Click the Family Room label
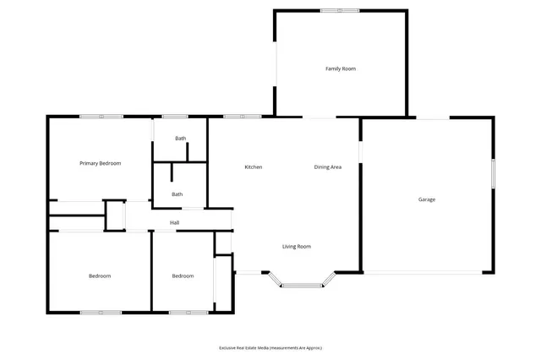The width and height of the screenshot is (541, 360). coord(341,68)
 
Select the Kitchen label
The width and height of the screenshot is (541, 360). coord(254,167)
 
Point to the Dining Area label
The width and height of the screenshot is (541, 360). coord(328,167)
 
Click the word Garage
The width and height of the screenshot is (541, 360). coord(427,199)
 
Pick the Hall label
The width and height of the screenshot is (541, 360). coord(174,223)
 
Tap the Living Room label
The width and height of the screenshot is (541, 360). coord(297,247)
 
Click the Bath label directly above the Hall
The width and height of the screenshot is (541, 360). coord(177,194)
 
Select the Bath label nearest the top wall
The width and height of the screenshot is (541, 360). coord(180,139)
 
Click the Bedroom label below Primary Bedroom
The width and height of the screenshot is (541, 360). coord(100,276)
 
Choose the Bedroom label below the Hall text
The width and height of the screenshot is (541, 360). coord(183,276)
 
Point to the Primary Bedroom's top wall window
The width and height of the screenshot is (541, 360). coord(101,117)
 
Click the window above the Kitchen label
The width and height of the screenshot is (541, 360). coord(236,117)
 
